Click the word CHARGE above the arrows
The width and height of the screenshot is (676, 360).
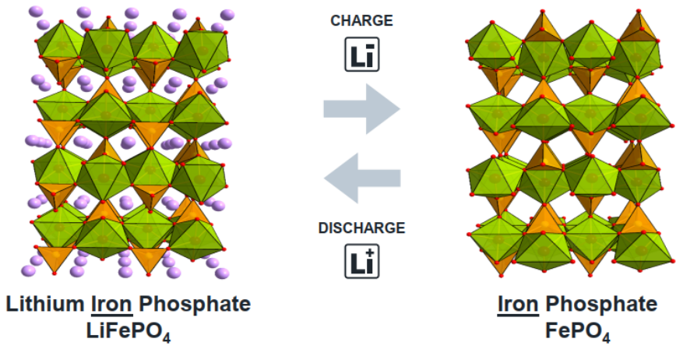tap(361, 21)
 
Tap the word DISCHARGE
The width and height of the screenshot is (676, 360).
tap(361, 228)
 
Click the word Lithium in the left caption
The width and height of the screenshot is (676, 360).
tap(42, 304)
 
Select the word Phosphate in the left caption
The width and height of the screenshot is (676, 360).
tap(196, 304)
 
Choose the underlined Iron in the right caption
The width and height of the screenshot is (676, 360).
tap(518, 304)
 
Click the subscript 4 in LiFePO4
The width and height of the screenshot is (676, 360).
tap(167, 337)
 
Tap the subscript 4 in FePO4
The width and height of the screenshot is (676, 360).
tap(606, 337)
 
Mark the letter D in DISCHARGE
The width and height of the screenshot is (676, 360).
tap(323, 228)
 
